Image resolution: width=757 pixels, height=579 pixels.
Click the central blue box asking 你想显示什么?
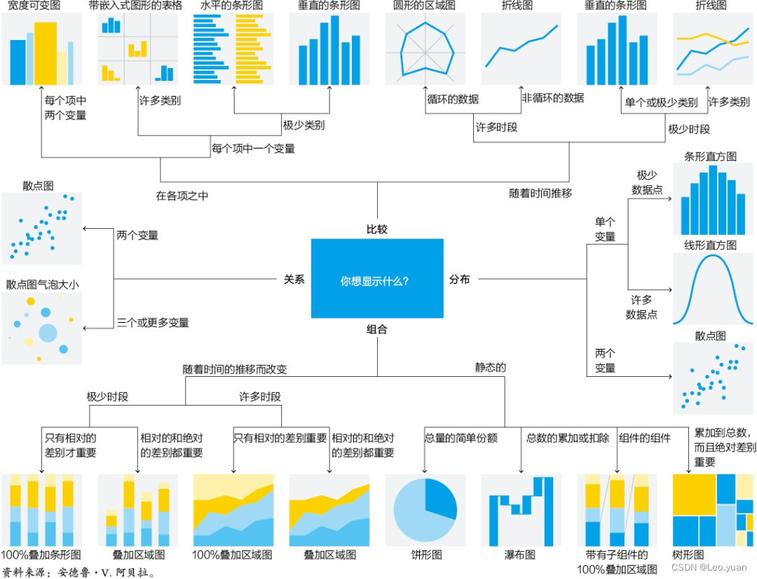click(x=377, y=279)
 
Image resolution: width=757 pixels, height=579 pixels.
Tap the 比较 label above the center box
click(x=377, y=229)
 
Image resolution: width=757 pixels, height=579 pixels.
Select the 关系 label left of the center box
click(x=294, y=279)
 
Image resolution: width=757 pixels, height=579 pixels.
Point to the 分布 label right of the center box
click(x=460, y=279)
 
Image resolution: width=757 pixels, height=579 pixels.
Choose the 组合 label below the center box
click(x=377, y=329)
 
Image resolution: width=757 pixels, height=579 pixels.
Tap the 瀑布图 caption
click(x=522, y=554)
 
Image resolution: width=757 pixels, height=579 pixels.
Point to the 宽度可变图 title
click(x=34, y=6)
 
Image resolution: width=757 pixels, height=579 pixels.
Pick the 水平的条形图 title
click(x=226, y=6)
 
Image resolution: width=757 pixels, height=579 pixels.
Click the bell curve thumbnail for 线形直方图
click(x=712, y=288)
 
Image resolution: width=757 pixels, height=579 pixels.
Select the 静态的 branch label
click(x=491, y=367)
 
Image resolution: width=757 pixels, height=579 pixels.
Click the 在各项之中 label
click(x=182, y=196)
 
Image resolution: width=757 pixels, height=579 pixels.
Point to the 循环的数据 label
click(x=453, y=99)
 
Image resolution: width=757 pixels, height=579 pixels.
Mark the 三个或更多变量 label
click(x=153, y=323)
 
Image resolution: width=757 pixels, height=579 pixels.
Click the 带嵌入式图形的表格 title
click(x=135, y=6)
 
